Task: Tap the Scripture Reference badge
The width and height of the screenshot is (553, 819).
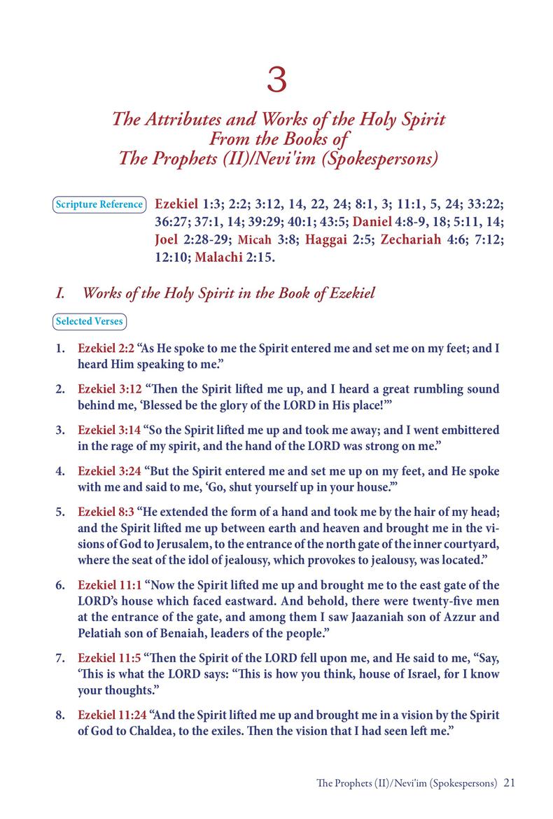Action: pos(99,205)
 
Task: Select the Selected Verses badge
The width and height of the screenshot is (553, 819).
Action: pos(90,321)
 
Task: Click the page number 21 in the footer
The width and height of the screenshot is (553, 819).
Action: pos(509,783)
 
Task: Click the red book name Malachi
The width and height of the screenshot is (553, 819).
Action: pos(222,258)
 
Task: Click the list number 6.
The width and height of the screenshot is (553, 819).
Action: pos(61,585)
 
